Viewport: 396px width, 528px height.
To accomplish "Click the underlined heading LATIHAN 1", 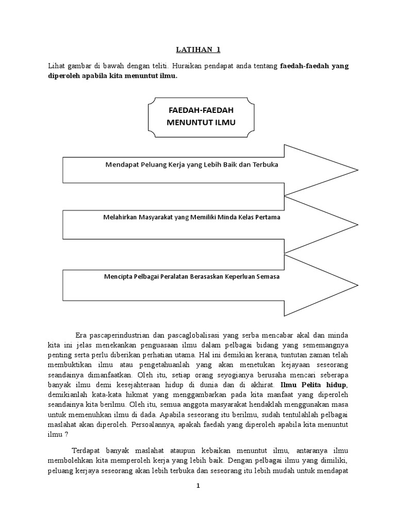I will pos(198,50).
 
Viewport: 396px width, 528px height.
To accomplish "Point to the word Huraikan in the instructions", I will pos(188,66).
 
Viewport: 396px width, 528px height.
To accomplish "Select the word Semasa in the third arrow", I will pos(268,277).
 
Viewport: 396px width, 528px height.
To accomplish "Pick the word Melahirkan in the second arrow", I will pos(120,217).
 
